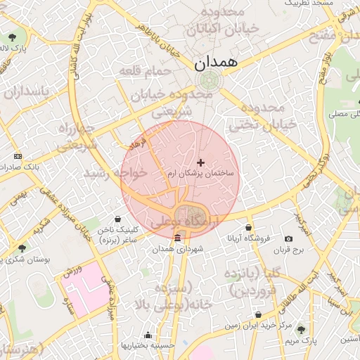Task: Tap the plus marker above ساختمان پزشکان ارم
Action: click(201, 162)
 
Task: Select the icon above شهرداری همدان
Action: click(177, 238)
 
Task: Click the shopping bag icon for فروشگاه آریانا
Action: click(250, 227)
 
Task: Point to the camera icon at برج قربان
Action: click(288, 239)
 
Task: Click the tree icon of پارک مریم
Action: click(302, 329)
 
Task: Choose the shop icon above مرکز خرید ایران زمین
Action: click(259, 314)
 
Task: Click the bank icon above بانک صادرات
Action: click(18, 156)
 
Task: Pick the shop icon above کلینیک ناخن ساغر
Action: click(117, 219)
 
